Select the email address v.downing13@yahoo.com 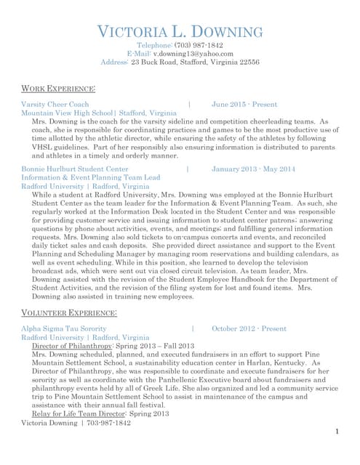pos(193,54)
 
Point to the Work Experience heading pos(59,89)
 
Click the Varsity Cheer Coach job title pos(55,105)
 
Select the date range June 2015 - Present pos(244,105)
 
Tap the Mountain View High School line pos(99,113)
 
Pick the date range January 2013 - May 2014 pos(253,169)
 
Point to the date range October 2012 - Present pos(249,329)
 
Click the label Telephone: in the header pos(154,45)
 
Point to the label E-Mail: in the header pos(138,54)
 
